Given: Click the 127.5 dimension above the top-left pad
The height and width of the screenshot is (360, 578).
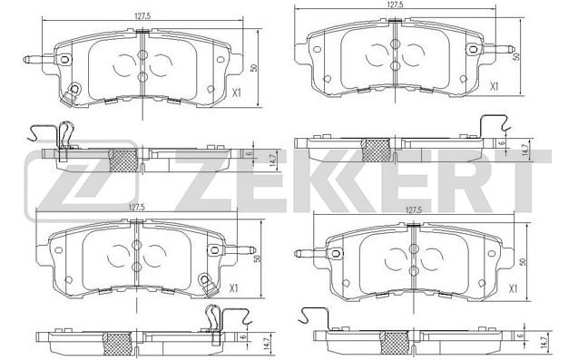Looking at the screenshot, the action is tap(143, 15).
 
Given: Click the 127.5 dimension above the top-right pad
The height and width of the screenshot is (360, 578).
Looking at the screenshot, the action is tap(394, 5).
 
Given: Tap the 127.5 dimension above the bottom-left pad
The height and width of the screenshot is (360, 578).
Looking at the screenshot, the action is tap(137, 207).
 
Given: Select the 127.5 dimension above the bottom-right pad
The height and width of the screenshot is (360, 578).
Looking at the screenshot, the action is tap(414, 210).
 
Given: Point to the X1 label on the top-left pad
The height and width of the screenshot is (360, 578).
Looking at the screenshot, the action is tap(236, 92).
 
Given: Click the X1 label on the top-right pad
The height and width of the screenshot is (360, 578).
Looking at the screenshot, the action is tap(494, 86).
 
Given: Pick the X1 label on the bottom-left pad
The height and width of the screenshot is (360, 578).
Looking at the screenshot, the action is tap(233, 288).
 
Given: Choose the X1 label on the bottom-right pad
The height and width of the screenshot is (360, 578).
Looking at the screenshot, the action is tap(514, 288).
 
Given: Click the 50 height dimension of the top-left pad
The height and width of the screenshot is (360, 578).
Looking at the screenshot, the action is tap(254, 68).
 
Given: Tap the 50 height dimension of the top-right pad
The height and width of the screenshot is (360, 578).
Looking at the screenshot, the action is tap(517, 56).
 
